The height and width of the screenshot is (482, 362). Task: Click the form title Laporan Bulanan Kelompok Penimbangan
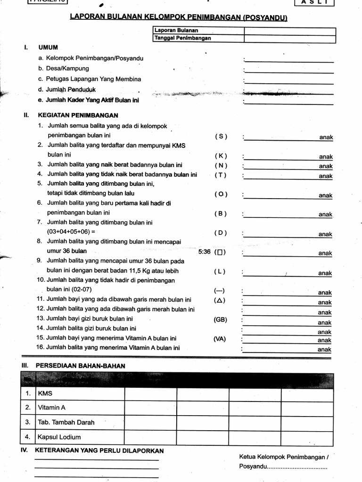point(179,17)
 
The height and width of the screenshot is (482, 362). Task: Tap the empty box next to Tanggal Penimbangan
point(289,38)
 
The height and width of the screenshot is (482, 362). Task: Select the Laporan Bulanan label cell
point(198,31)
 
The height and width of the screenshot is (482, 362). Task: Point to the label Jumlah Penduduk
point(71,89)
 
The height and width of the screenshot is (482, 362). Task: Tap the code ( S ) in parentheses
point(221,137)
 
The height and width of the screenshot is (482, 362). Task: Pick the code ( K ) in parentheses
point(221,156)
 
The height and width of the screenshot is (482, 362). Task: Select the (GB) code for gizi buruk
point(220,320)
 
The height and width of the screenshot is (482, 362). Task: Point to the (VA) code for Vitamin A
point(219,339)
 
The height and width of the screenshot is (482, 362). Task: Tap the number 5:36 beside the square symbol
point(205,252)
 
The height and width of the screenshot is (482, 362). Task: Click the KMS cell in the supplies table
point(45,394)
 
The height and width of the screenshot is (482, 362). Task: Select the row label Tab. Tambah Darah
point(66,422)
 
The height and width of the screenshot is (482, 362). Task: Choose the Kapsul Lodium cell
point(59,437)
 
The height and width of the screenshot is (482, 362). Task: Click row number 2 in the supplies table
point(28,408)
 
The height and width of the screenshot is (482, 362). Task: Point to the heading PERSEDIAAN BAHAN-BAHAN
point(80,366)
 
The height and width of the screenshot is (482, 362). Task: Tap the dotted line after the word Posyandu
point(297,467)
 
